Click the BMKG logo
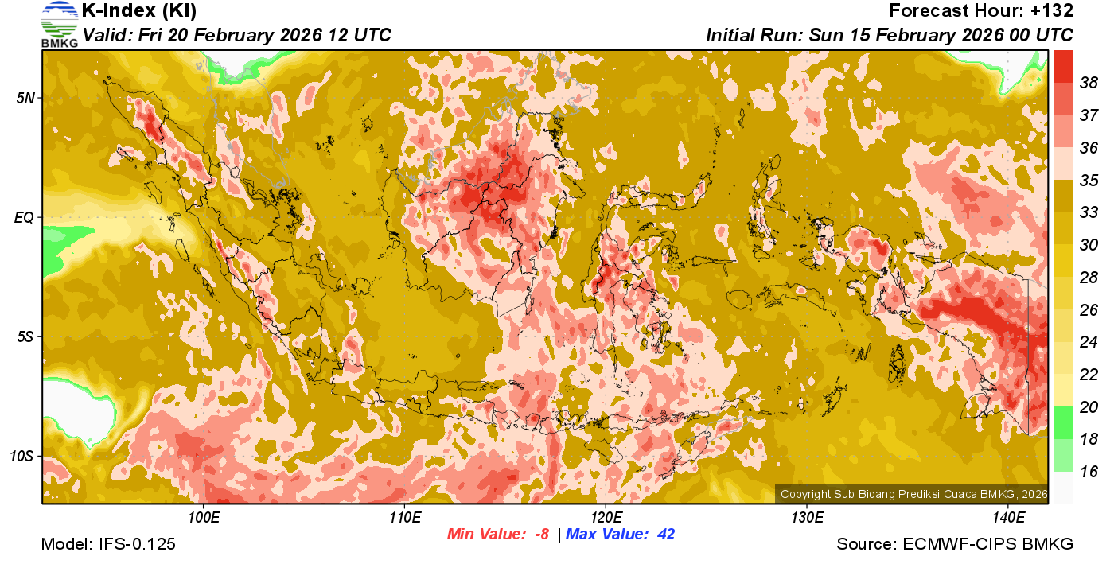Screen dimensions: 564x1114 click(x=60, y=25)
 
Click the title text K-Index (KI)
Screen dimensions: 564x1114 click(x=139, y=11)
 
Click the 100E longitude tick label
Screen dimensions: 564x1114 click(x=204, y=518)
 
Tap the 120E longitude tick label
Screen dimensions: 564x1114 click(x=606, y=518)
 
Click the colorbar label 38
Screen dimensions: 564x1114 click(x=1089, y=83)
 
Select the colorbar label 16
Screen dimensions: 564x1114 click(x=1089, y=472)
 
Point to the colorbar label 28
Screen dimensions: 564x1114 click(x=1089, y=278)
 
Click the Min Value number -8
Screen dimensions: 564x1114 click(x=541, y=535)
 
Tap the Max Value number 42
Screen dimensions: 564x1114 click(x=665, y=535)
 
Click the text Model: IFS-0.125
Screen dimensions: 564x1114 click(x=108, y=545)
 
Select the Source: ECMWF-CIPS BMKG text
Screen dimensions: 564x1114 click(x=955, y=545)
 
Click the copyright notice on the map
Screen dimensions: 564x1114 click(x=913, y=494)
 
